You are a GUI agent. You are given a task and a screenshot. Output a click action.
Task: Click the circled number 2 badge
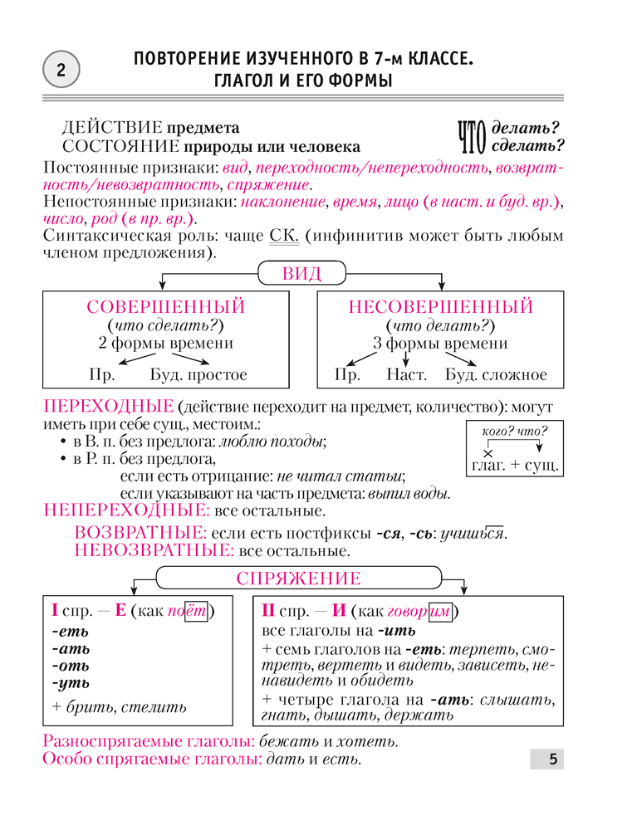(60, 71)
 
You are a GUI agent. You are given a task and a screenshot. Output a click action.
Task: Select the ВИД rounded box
(302, 273)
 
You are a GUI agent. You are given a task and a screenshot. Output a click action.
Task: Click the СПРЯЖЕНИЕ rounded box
(297, 579)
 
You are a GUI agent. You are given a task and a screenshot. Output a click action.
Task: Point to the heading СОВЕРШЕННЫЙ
(166, 307)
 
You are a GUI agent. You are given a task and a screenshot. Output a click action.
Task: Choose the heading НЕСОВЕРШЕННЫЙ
(440, 307)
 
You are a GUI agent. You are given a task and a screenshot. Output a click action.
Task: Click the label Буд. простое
(198, 374)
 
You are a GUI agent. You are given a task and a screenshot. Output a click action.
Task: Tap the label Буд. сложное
(496, 374)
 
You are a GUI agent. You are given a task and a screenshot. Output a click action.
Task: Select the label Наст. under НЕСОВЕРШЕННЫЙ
(407, 374)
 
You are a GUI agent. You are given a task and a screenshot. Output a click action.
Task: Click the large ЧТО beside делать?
(472, 137)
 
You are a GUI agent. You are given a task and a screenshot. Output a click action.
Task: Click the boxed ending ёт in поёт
(194, 612)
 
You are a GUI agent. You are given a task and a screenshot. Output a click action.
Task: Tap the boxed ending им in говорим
(440, 612)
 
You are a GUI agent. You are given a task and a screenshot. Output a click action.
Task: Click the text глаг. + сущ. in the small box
(515, 466)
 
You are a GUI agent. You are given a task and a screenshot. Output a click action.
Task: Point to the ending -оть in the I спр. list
(71, 666)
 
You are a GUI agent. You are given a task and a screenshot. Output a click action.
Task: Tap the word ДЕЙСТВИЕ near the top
(112, 128)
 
